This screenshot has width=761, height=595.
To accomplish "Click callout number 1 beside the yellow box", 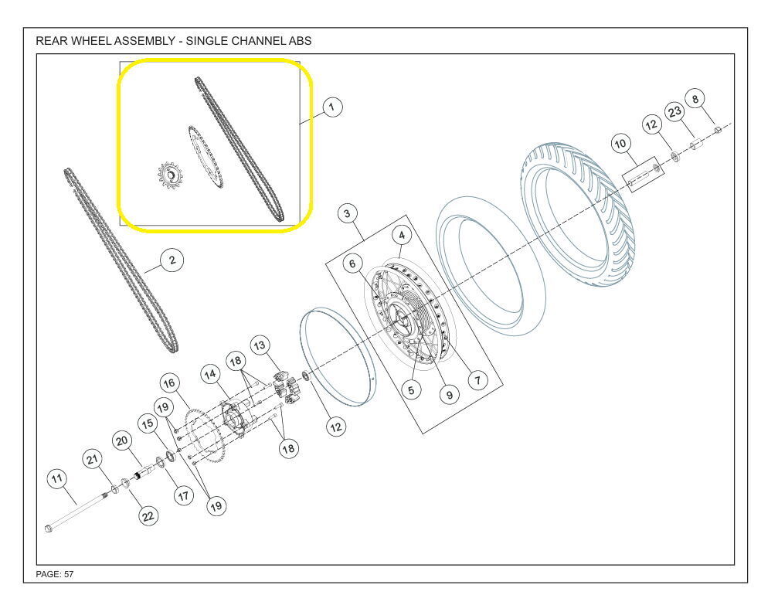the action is point(332,107).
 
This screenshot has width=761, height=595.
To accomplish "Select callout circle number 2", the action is point(172,260).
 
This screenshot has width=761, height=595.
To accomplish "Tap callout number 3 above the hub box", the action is point(347,213).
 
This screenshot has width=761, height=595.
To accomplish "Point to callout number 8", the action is point(695,99).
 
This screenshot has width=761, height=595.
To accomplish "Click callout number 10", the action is point(620,144).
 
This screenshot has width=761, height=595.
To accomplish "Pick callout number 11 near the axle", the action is point(57,479).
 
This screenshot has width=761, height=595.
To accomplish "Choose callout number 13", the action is point(260,345).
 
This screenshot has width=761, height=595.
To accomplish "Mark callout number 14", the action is point(211,375).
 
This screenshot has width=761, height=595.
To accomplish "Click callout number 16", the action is point(169,383).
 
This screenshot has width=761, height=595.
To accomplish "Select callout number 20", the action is point(122,440).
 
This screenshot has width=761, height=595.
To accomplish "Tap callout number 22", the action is point(148,516).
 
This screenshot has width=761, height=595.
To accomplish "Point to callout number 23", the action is point(674,112).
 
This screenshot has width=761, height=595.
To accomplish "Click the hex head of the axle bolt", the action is point(48,528).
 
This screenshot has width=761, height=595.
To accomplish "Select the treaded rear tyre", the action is point(578,215).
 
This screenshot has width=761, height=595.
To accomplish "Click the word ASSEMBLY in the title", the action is point(144,41).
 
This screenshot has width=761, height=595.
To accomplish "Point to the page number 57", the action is point(69,574).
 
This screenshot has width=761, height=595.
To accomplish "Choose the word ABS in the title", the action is point(300,41).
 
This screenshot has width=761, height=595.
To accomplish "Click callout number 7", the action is point(477,379).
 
